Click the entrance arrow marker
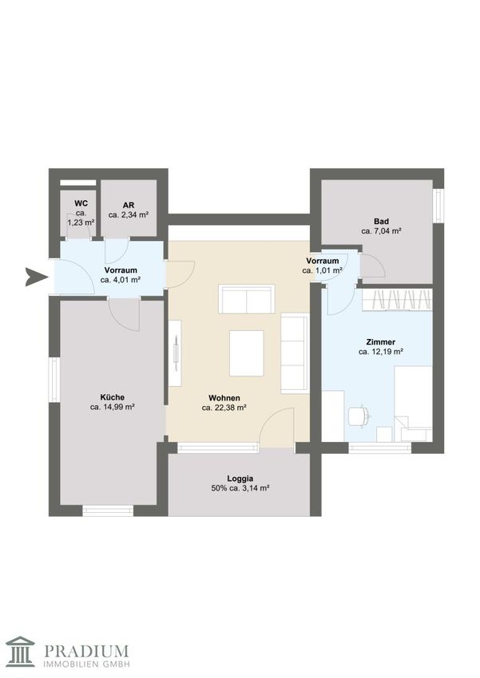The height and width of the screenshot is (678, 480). [35, 277]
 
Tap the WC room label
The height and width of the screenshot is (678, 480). [81, 203]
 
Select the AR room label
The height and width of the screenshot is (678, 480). [129, 205]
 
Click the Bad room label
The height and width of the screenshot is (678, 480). [381, 222]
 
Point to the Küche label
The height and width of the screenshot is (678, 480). [112, 397]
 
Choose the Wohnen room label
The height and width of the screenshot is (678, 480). [224, 398]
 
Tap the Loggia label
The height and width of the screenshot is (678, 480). [240, 479]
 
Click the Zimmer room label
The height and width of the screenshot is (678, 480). [380, 342]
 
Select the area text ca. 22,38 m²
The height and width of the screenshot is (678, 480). [224, 408]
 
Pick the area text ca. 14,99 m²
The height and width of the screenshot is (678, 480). [112, 407]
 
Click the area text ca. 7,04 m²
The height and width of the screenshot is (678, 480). [381, 231]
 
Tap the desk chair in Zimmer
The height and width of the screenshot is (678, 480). [359, 416]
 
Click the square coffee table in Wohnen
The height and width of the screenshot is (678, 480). [246, 353]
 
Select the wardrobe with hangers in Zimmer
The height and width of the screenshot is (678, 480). [397, 300]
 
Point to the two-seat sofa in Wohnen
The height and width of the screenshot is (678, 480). [246, 299]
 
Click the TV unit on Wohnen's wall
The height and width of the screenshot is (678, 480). [175, 353]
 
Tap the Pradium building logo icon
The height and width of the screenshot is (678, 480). [21, 652]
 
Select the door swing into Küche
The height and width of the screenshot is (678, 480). [124, 316]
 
